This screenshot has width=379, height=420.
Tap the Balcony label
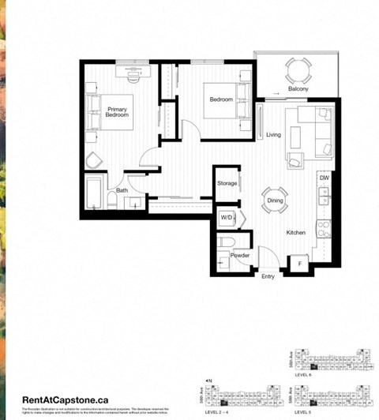point(298,89)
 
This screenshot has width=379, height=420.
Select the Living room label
point(274,135)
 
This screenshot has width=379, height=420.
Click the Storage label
point(227,183)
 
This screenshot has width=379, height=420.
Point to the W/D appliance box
point(227,216)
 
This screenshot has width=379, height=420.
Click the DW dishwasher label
point(324,178)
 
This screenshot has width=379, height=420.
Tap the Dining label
point(275,201)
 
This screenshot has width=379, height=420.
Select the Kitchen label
point(296,233)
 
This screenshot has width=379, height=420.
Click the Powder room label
point(240,255)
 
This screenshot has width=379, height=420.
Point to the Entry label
point(268,276)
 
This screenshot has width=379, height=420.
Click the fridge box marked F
point(300,263)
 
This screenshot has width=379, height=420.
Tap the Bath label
point(122,190)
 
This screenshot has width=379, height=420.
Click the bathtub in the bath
point(94,193)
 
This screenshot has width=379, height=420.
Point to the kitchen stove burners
point(323,228)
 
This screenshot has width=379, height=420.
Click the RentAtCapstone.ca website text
point(66,400)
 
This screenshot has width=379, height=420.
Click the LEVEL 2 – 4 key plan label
point(218,412)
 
